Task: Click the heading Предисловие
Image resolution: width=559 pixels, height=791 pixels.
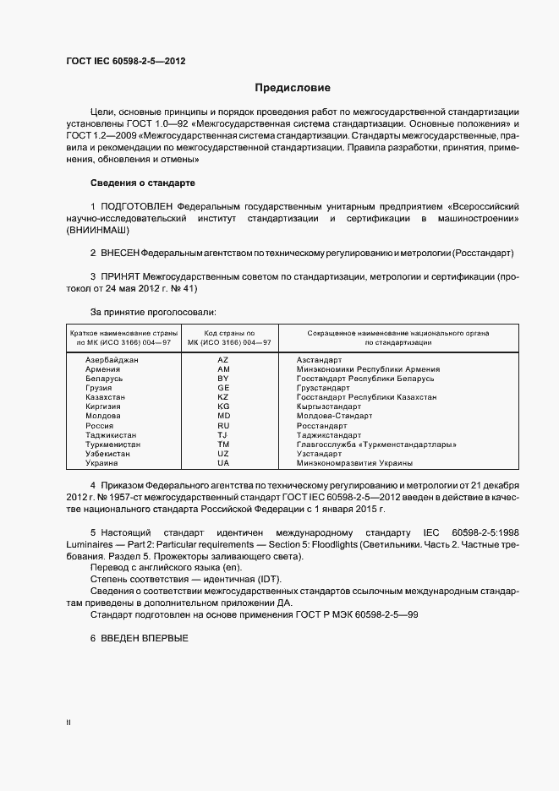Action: pos(293,87)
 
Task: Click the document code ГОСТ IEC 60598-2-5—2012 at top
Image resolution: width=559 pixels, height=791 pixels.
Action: pos(125,61)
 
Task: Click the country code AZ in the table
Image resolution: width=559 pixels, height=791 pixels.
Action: pos(223,360)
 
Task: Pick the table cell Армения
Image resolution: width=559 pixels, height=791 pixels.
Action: pos(102,369)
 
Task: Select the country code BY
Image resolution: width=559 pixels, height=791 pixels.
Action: pos(223,379)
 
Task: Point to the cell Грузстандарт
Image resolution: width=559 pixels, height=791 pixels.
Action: pos(323,388)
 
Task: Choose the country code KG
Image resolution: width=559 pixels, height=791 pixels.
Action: pos(223,406)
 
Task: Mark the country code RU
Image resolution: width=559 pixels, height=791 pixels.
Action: pos(223,425)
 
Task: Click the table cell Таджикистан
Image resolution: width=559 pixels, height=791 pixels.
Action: pos(111,434)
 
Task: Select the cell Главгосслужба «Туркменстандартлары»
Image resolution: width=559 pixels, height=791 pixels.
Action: pos(376,444)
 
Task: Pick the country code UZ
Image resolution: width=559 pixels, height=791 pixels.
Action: pos(223,453)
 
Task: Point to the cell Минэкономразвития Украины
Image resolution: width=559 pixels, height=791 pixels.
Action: pos(354,462)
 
